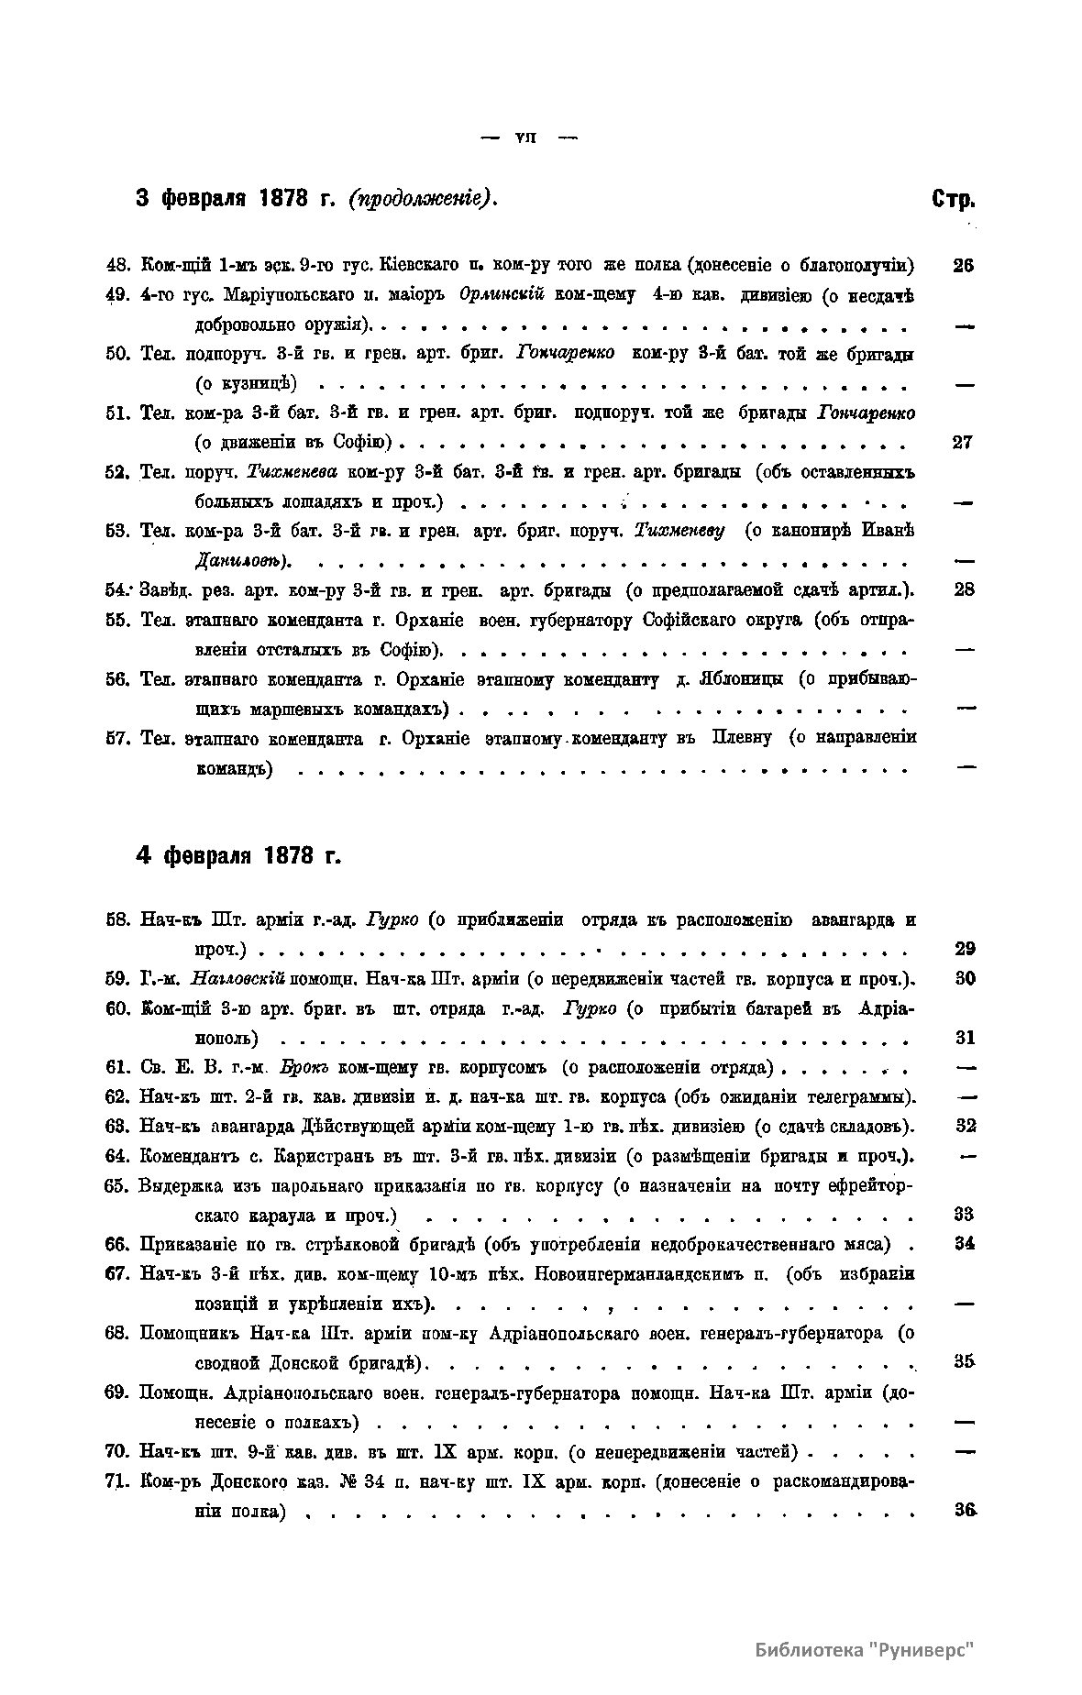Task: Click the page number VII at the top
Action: pyautogui.click(x=525, y=138)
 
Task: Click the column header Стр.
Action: pyautogui.click(x=953, y=199)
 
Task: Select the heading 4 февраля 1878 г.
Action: pyautogui.click(x=238, y=856)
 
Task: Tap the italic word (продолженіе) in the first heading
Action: pyautogui.click(x=423, y=199)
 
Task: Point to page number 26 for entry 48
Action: pyautogui.click(x=963, y=266)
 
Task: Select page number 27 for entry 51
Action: pyautogui.click(x=963, y=443)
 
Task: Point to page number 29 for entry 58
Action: pyautogui.click(x=964, y=949)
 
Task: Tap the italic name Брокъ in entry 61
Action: pyautogui.click(x=295, y=1067)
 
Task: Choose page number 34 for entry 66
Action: pyautogui.click(x=964, y=1244)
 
